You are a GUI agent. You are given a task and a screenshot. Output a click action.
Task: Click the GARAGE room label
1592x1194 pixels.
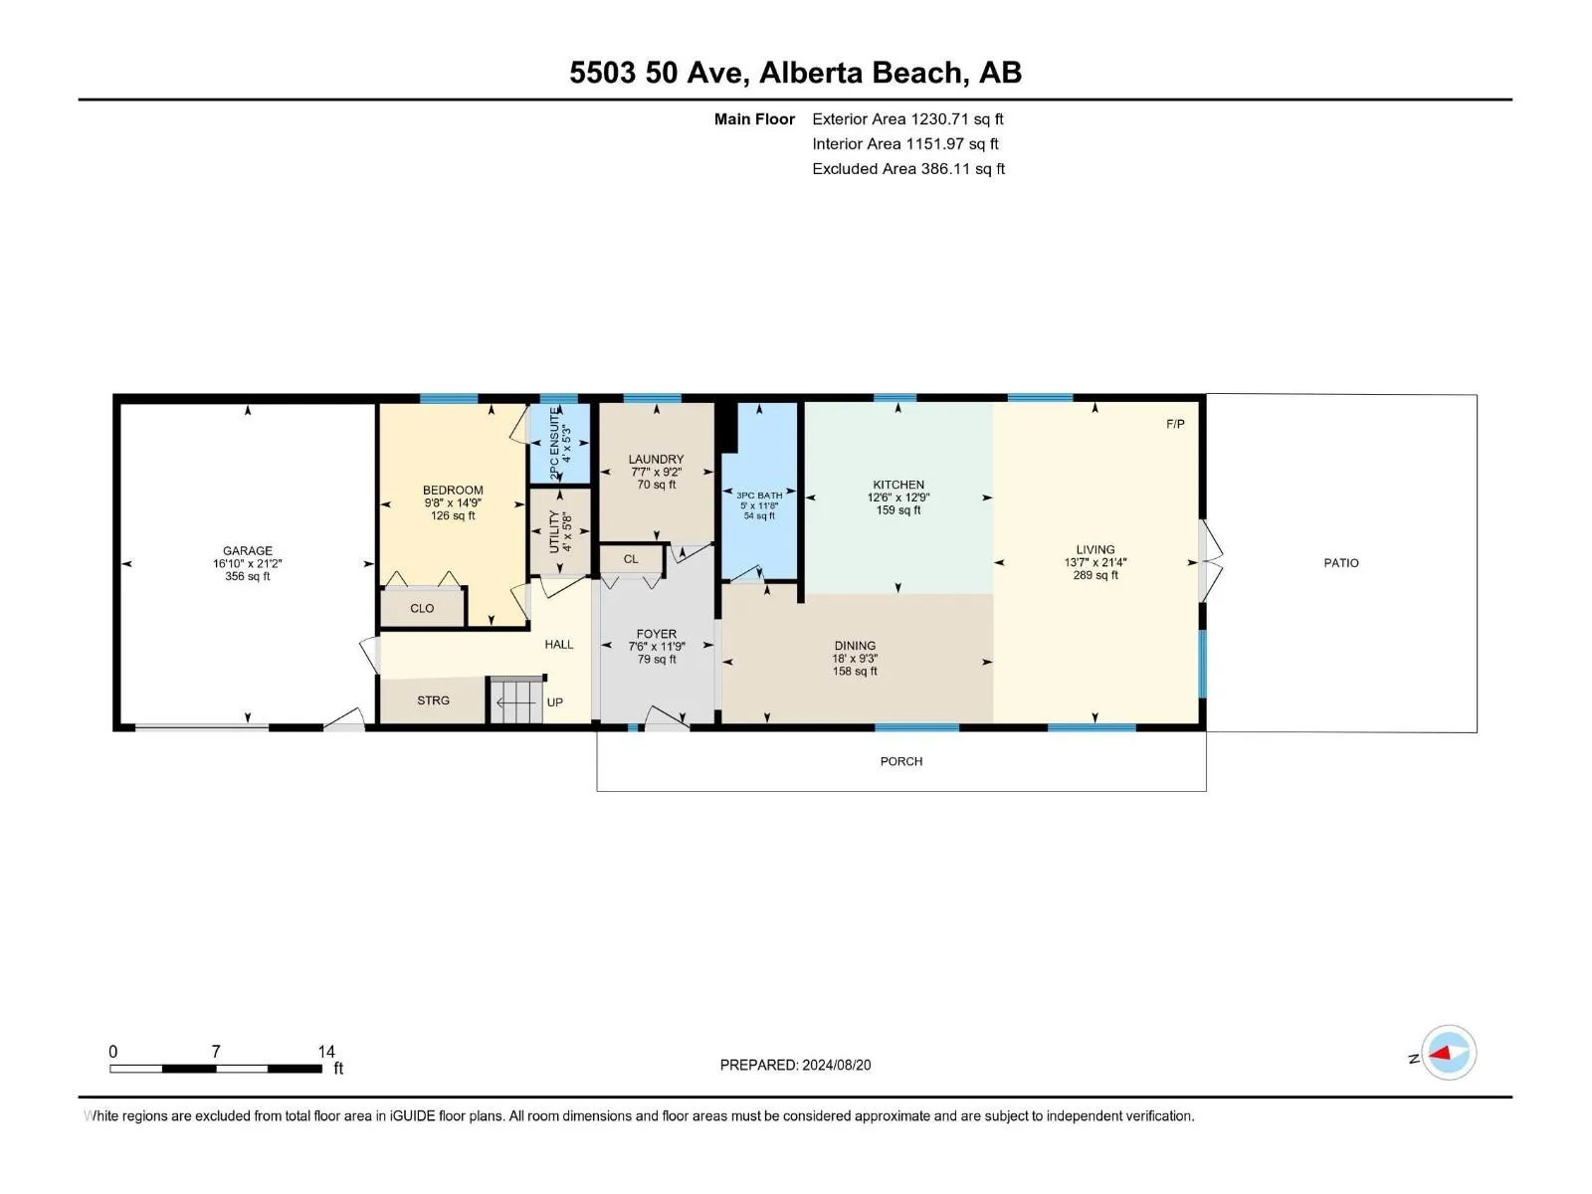[x=248, y=551]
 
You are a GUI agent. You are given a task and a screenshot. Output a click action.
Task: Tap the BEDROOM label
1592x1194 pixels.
[x=453, y=491]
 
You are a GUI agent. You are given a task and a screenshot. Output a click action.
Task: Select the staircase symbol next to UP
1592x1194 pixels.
[x=516, y=701]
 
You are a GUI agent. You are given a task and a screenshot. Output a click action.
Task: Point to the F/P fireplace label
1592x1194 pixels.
[x=1175, y=424]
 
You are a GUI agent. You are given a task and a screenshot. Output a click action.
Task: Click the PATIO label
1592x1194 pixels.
[x=1341, y=563]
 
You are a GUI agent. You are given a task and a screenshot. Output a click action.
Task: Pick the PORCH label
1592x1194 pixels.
[x=900, y=761]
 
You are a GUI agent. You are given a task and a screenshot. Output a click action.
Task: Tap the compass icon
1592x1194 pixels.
[x=1449, y=1053]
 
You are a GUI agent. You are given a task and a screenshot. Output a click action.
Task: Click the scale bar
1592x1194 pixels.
[x=215, y=1069]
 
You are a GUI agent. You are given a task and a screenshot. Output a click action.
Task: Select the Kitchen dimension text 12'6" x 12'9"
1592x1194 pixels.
[x=897, y=497]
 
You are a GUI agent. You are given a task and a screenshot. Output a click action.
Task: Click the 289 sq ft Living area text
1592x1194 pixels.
[x=1095, y=576]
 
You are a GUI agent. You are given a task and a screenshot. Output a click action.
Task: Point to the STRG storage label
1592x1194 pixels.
[x=433, y=700]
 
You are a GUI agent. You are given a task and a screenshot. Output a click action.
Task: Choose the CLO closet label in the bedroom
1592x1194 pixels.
[x=422, y=608]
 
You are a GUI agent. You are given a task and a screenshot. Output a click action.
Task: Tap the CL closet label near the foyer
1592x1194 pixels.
[x=630, y=559]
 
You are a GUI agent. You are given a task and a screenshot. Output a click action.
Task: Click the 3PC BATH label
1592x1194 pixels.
[x=759, y=496]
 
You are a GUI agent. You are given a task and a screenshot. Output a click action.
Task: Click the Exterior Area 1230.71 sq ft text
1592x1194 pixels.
[x=907, y=118]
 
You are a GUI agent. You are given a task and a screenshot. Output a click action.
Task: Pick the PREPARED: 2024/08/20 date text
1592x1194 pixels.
[x=795, y=1065]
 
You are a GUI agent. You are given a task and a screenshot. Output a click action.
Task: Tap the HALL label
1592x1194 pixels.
[x=558, y=645]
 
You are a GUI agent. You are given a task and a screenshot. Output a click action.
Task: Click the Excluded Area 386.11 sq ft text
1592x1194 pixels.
[x=908, y=169]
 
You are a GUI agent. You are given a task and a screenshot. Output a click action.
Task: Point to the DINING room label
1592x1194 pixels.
[x=855, y=646]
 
